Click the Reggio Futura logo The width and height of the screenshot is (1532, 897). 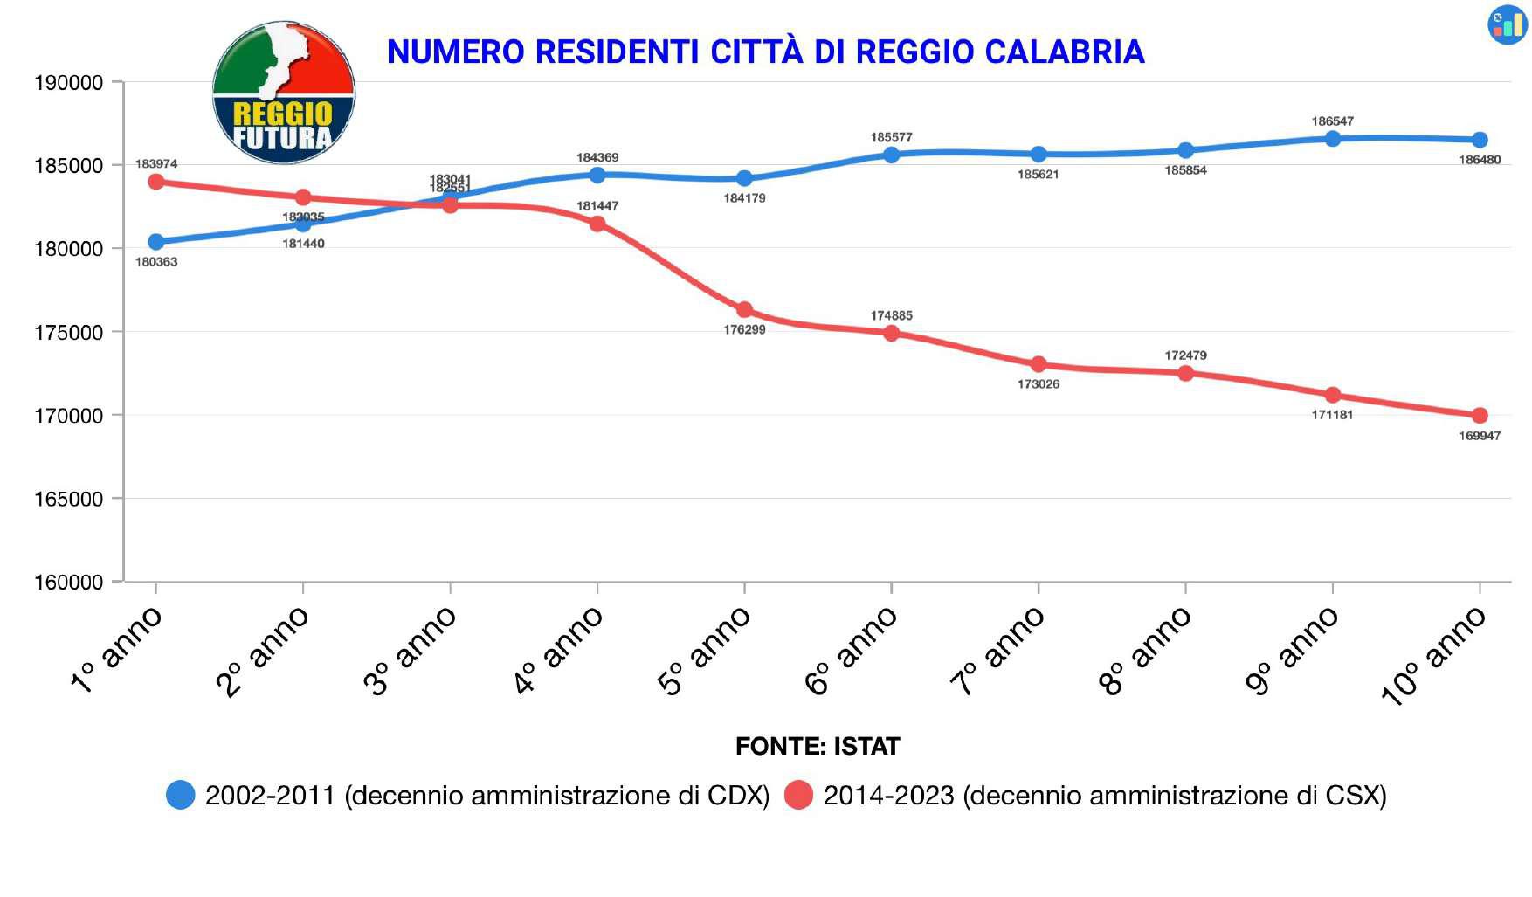[283, 93]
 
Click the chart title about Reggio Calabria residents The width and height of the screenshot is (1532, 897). [765, 52]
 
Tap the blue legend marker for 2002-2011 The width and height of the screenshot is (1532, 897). [181, 795]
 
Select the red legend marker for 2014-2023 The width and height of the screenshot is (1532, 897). [798, 795]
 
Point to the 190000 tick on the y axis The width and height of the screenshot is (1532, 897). [68, 83]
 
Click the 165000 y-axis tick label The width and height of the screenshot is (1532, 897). [68, 500]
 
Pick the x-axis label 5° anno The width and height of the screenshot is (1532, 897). [704, 652]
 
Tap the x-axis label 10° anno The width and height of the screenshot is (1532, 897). [1432, 655]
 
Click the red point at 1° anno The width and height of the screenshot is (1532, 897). [156, 182]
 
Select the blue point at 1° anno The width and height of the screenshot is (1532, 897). [156, 242]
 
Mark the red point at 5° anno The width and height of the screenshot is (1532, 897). [744, 310]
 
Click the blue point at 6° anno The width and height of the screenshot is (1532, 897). [891, 155]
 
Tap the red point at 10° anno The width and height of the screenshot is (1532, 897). [1480, 416]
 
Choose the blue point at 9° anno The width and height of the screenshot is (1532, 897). [1333, 139]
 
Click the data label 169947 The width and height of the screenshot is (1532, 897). [1480, 436]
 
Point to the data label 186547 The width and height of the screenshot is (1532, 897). [1333, 121]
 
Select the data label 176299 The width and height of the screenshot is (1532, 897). [744, 330]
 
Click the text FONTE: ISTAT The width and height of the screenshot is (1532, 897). [818, 747]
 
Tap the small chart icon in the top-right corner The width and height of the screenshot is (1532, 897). [1508, 24]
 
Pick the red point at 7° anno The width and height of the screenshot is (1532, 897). [1039, 364]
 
